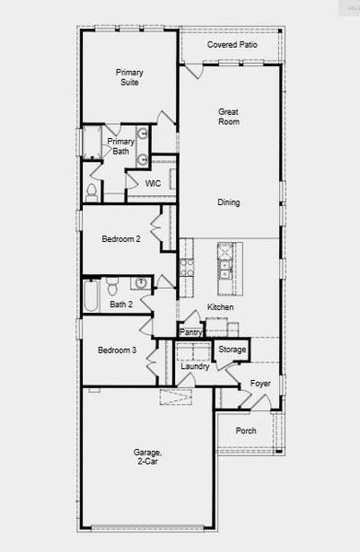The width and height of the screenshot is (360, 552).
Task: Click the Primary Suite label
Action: (129, 76)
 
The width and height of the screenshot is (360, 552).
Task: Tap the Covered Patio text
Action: (232, 44)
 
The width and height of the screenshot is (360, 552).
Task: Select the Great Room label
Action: (228, 117)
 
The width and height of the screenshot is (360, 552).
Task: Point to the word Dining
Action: (228, 202)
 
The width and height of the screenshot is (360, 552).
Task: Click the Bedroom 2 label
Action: (121, 239)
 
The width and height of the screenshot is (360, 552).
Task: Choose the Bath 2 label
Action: (122, 305)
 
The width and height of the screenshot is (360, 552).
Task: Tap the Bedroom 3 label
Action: (117, 351)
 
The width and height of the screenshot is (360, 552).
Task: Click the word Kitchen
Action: (220, 307)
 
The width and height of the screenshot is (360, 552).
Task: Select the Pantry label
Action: (191, 333)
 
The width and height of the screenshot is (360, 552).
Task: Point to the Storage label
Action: (232, 350)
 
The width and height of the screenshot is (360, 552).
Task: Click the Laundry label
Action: (194, 367)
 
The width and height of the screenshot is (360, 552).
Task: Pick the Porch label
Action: (246, 431)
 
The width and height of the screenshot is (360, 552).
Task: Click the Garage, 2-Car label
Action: (147, 458)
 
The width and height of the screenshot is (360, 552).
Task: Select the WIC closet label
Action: (153, 184)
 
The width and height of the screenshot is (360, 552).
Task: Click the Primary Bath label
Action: (121, 146)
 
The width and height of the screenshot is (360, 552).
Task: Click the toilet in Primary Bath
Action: (91, 191)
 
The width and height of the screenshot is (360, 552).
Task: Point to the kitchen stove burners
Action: (187, 268)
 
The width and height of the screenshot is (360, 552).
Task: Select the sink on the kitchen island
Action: (225, 268)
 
